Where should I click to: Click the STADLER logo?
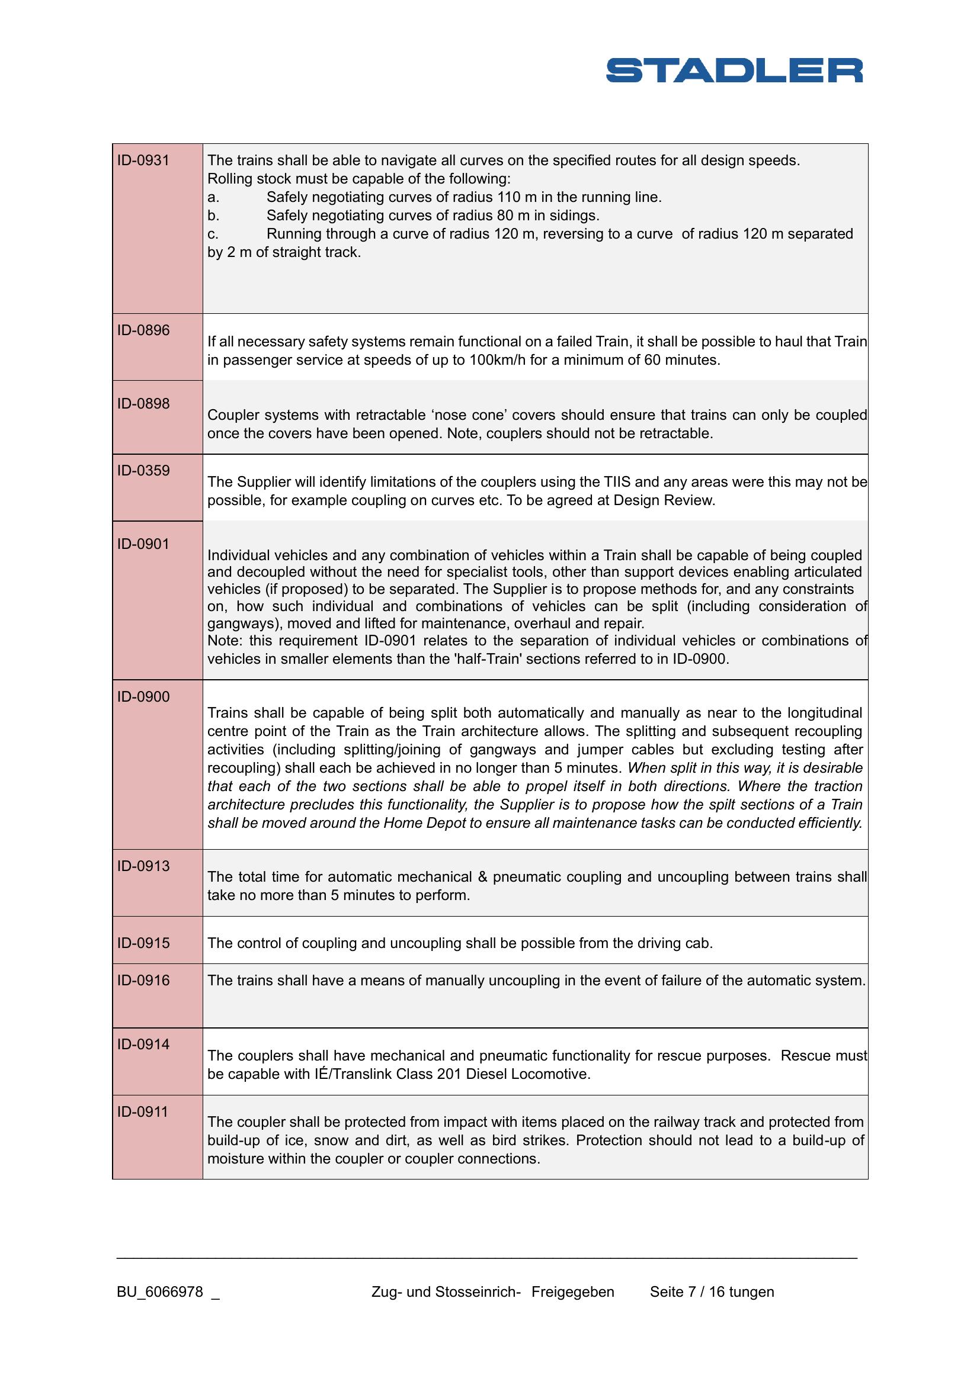[x=734, y=70]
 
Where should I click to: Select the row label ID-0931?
[x=143, y=160]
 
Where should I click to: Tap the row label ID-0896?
[x=143, y=330]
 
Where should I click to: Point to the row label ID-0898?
[x=143, y=404]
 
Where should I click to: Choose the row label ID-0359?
[x=143, y=471]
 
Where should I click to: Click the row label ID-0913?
[x=143, y=866]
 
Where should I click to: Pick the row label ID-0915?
[x=143, y=943]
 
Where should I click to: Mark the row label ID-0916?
[x=143, y=980]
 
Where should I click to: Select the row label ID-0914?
[x=143, y=1044]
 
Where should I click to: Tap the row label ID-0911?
[x=143, y=1112]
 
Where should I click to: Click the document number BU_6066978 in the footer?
[x=160, y=1292]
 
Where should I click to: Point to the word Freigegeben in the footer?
[x=573, y=1292]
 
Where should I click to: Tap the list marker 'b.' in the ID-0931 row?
[x=213, y=216]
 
